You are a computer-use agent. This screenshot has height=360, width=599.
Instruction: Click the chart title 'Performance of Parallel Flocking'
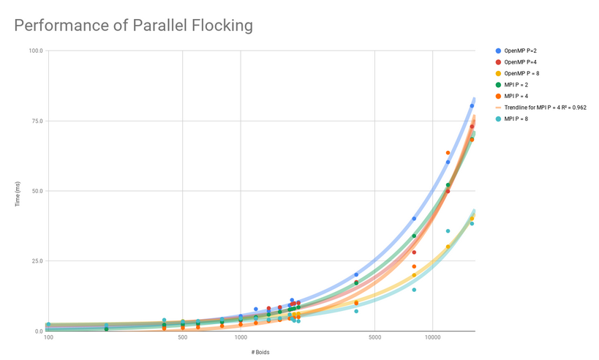pyautogui.click(x=134, y=26)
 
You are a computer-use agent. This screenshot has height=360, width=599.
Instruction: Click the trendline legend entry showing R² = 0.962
pyautogui.click(x=545, y=108)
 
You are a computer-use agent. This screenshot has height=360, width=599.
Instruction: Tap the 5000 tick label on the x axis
pyautogui.click(x=374, y=337)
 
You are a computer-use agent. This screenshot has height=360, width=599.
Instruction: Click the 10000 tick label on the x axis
pyautogui.click(x=432, y=337)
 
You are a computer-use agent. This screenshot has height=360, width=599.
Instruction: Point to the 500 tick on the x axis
pyautogui.click(x=182, y=337)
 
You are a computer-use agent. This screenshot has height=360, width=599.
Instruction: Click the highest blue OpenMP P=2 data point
pyautogui.click(x=472, y=105)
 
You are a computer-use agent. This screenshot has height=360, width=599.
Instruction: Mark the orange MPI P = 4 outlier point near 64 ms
pyautogui.click(x=448, y=153)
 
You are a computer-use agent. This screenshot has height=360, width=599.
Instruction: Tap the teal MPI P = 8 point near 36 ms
pyautogui.click(x=448, y=231)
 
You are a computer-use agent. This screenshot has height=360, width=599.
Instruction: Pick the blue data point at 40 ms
pyautogui.click(x=414, y=219)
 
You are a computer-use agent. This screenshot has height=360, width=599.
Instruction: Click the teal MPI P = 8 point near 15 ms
pyautogui.click(x=414, y=290)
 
